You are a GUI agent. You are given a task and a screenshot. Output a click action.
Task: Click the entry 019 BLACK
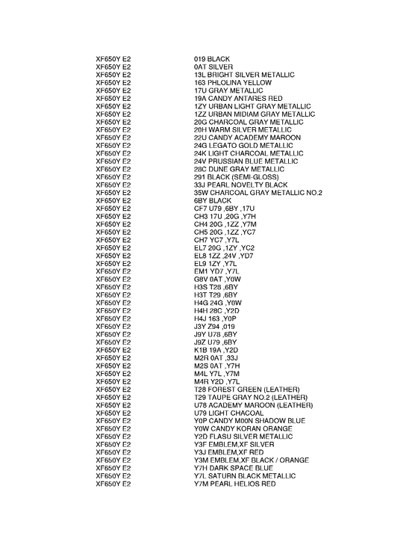[x=211, y=59]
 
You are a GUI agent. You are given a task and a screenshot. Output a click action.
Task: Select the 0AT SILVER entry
[x=213, y=67]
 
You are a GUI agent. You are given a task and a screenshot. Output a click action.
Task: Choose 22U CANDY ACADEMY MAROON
[x=247, y=138]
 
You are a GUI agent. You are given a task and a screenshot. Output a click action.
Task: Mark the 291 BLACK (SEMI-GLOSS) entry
[x=232, y=177]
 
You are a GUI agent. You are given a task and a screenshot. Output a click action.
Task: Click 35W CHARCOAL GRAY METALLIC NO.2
[x=258, y=193]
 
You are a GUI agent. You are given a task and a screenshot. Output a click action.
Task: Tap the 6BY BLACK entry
[x=213, y=201]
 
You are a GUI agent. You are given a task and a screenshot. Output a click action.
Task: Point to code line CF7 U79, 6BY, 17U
[x=224, y=209]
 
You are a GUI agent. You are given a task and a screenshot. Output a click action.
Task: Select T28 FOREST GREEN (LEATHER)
[x=246, y=389]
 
